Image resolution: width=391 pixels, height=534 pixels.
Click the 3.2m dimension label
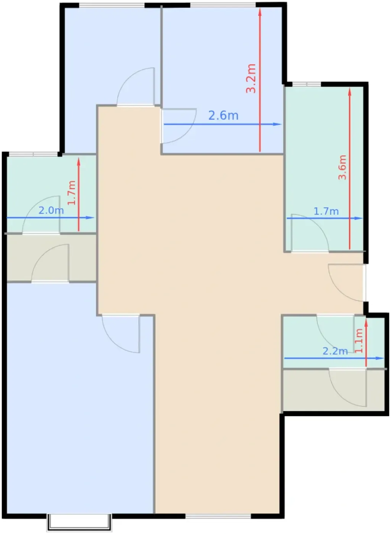pos(251,79)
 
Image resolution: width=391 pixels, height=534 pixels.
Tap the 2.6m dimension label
pos(223,116)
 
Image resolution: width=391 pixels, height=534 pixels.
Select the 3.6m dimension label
pos(342,167)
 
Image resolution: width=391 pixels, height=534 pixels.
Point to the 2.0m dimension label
pos(51,211)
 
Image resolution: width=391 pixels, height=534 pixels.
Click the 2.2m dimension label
pos(335,351)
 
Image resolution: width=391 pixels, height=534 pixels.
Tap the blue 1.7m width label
pos(326,211)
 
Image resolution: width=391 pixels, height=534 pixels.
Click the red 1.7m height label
pos(72,193)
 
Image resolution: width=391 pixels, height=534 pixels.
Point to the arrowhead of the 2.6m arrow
pos(277,124)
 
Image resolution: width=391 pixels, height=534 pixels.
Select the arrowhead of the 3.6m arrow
pos(350,92)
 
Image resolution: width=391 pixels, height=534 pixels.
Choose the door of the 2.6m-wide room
pos(179,125)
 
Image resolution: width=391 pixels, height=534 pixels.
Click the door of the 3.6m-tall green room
pos(310,233)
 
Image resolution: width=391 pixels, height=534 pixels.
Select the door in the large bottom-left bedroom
pos(121,334)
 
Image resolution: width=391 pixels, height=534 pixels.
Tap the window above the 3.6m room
pos(307,84)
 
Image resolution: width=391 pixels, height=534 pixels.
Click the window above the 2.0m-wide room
pos(33,154)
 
